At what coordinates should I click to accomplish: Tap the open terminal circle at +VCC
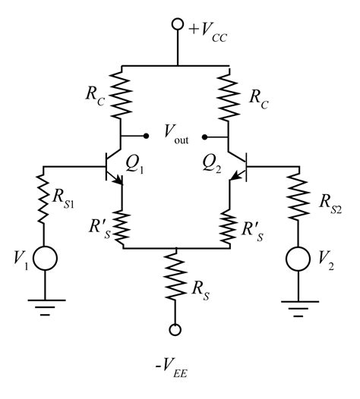pyautogui.click(x=176, y=24)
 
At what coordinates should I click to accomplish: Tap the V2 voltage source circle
pyautogui.click(x=295, y=259)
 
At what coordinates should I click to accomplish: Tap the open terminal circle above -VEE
pyautogui.click(x=176, y=329)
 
